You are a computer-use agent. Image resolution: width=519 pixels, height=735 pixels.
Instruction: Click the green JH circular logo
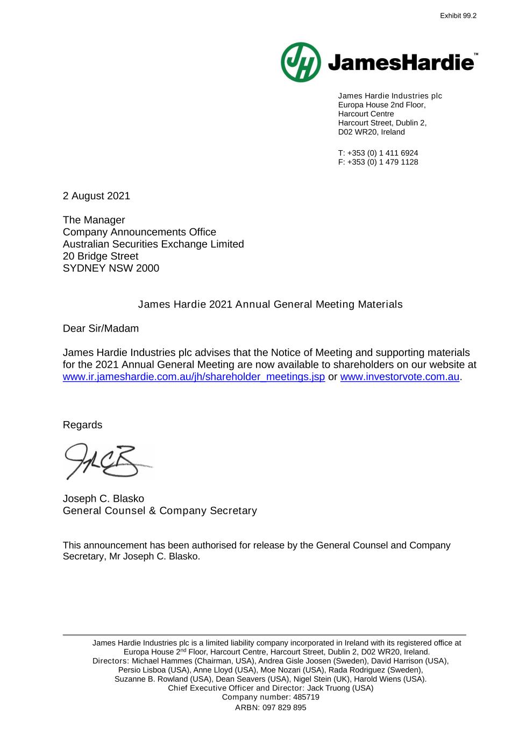301,62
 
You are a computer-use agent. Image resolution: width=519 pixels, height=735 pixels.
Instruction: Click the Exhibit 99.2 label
458,16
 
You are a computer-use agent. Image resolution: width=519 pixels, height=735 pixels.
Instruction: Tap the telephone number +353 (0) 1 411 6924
382,153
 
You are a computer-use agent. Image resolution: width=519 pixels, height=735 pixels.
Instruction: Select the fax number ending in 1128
382,162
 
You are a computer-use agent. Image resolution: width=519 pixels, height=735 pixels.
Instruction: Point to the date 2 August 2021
96,196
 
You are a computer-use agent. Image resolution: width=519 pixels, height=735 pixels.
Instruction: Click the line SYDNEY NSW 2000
111,268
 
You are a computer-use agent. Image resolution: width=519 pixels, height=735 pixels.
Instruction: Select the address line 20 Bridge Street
101,256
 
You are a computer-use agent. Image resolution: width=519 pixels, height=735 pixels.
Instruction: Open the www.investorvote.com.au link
400,377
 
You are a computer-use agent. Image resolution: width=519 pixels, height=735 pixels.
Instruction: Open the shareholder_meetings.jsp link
194,377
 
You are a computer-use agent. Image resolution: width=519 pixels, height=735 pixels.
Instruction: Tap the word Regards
82,425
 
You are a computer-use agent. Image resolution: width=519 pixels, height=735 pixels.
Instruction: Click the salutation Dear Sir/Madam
101,328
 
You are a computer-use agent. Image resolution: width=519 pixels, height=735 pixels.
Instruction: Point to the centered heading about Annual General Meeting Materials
270,304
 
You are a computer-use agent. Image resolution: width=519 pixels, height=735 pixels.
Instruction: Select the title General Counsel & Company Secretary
160,510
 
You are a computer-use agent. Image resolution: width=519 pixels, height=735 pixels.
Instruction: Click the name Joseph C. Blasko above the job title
103,499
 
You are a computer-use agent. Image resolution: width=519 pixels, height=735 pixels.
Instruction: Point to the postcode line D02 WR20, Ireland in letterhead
371,132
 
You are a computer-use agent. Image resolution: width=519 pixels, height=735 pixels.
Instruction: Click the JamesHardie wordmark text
401,63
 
